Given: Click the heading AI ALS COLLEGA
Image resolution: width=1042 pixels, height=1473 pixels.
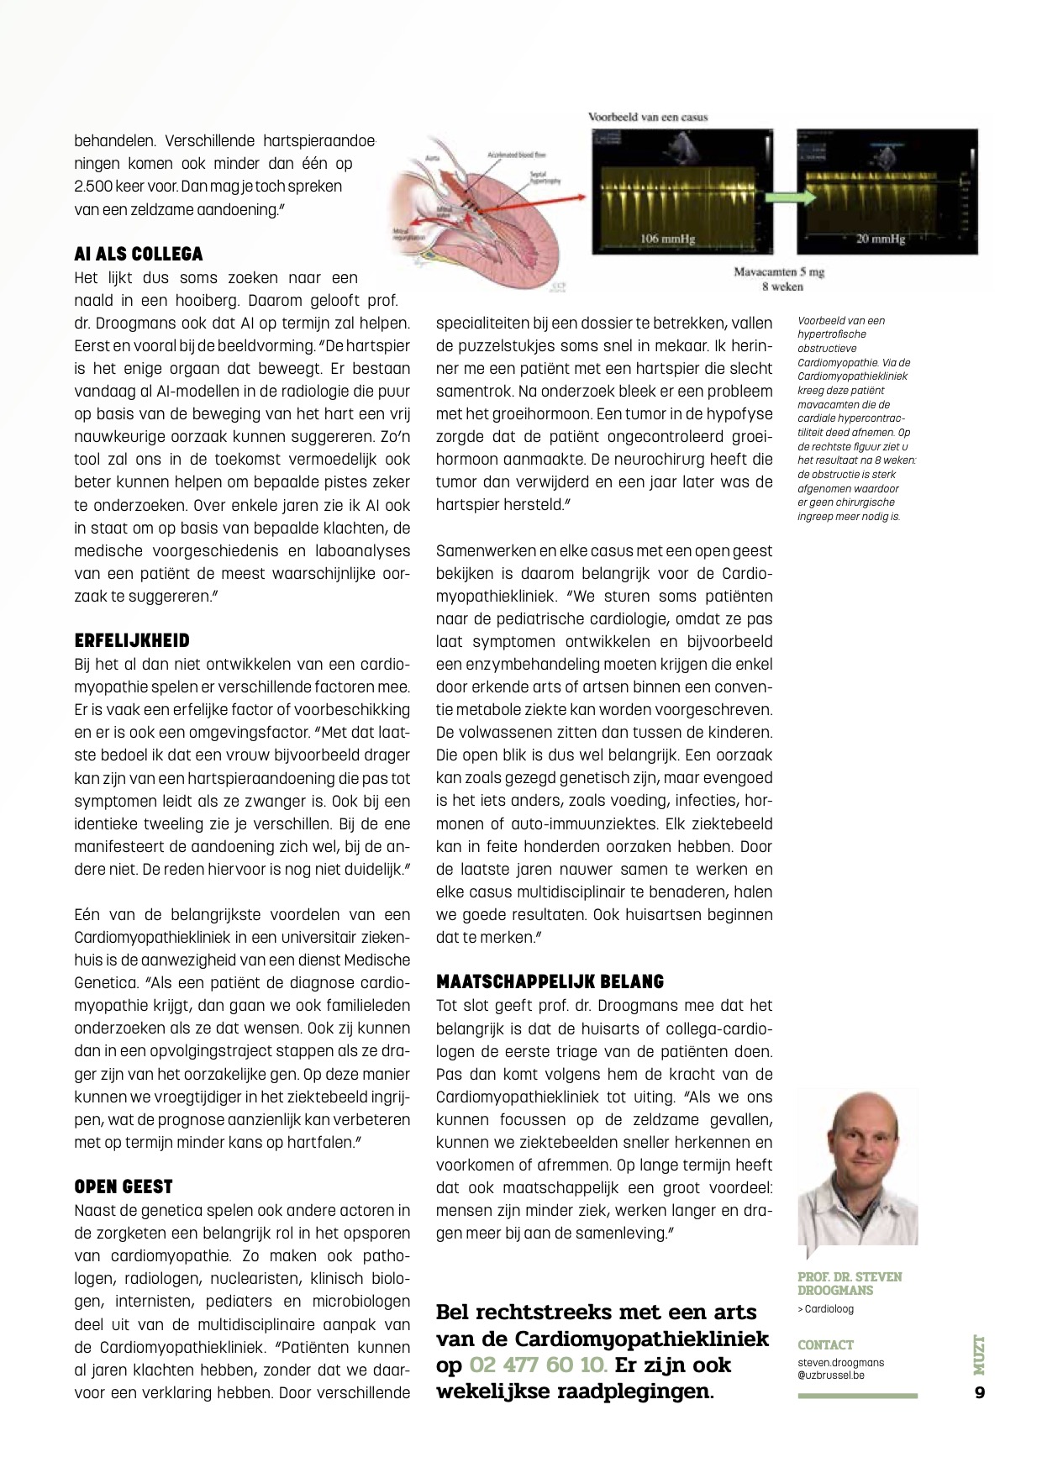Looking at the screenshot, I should coord(139,254).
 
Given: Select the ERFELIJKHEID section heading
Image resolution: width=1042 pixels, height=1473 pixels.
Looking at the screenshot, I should coord(132,640).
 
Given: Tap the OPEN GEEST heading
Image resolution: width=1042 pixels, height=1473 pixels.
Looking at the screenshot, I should coord(124,1186).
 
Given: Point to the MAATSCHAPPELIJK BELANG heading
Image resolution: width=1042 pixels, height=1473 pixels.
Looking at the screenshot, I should coord(550,981).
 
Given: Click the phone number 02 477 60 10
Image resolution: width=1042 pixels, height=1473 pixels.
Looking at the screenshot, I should coord(538,1365).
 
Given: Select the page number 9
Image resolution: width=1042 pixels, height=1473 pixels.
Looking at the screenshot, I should coord(979,1392).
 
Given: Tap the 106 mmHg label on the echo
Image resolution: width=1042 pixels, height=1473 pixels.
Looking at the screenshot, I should coord(668,239).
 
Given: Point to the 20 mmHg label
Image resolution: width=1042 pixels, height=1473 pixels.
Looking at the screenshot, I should coord(880,239).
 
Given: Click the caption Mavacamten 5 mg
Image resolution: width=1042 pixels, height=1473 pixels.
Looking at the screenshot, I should coord(779,272).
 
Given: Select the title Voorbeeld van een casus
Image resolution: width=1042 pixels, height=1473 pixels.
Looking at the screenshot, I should coord(648,117).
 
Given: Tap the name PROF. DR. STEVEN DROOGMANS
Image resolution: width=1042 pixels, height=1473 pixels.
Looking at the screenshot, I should coord(850,1283).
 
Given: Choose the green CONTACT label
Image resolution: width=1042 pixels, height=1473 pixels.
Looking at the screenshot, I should coord(825,1344).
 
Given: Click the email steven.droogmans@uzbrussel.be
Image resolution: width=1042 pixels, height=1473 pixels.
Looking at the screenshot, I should coord(840,1369).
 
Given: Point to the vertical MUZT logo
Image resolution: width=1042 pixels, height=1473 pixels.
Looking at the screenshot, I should coord(979,1355).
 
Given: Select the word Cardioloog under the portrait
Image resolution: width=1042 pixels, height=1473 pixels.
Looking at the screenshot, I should coord(829,1309).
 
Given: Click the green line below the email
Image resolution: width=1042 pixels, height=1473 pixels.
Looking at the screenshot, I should coord(857,1396).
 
